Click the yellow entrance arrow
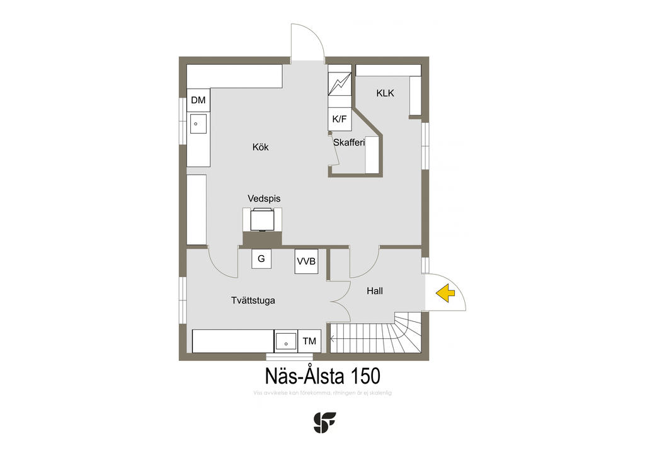pyautogui.click(x=446, y=292)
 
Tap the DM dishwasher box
pyautogui.click(x=198, y=100)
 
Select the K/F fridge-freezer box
pyautogui.click(x=340, y=118)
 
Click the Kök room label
pyautogui.click(x=260, y=147)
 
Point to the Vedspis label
pyautogui.click(x=264, y=198)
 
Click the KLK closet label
pyautogui.click(x=385, y=93)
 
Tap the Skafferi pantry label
pyautogui.click(x=349, y=142)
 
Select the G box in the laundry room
pyautogui.click(x=261, y=259)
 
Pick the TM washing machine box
pyautogui.click(x=309, y=341)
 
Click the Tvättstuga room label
pyautogui.click(x=253, y=300)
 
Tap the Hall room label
pyautogui.click(x=375, y=291)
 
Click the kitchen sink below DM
pyautogui.click(x=198, y=124)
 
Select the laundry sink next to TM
pyautogui.click(x=286, y=342)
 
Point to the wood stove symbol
pyautogui.click(x=263, y=220)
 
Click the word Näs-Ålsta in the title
pyautogui.click(x=304, y=376)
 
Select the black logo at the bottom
pyautogui.click(x=324, y=422)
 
